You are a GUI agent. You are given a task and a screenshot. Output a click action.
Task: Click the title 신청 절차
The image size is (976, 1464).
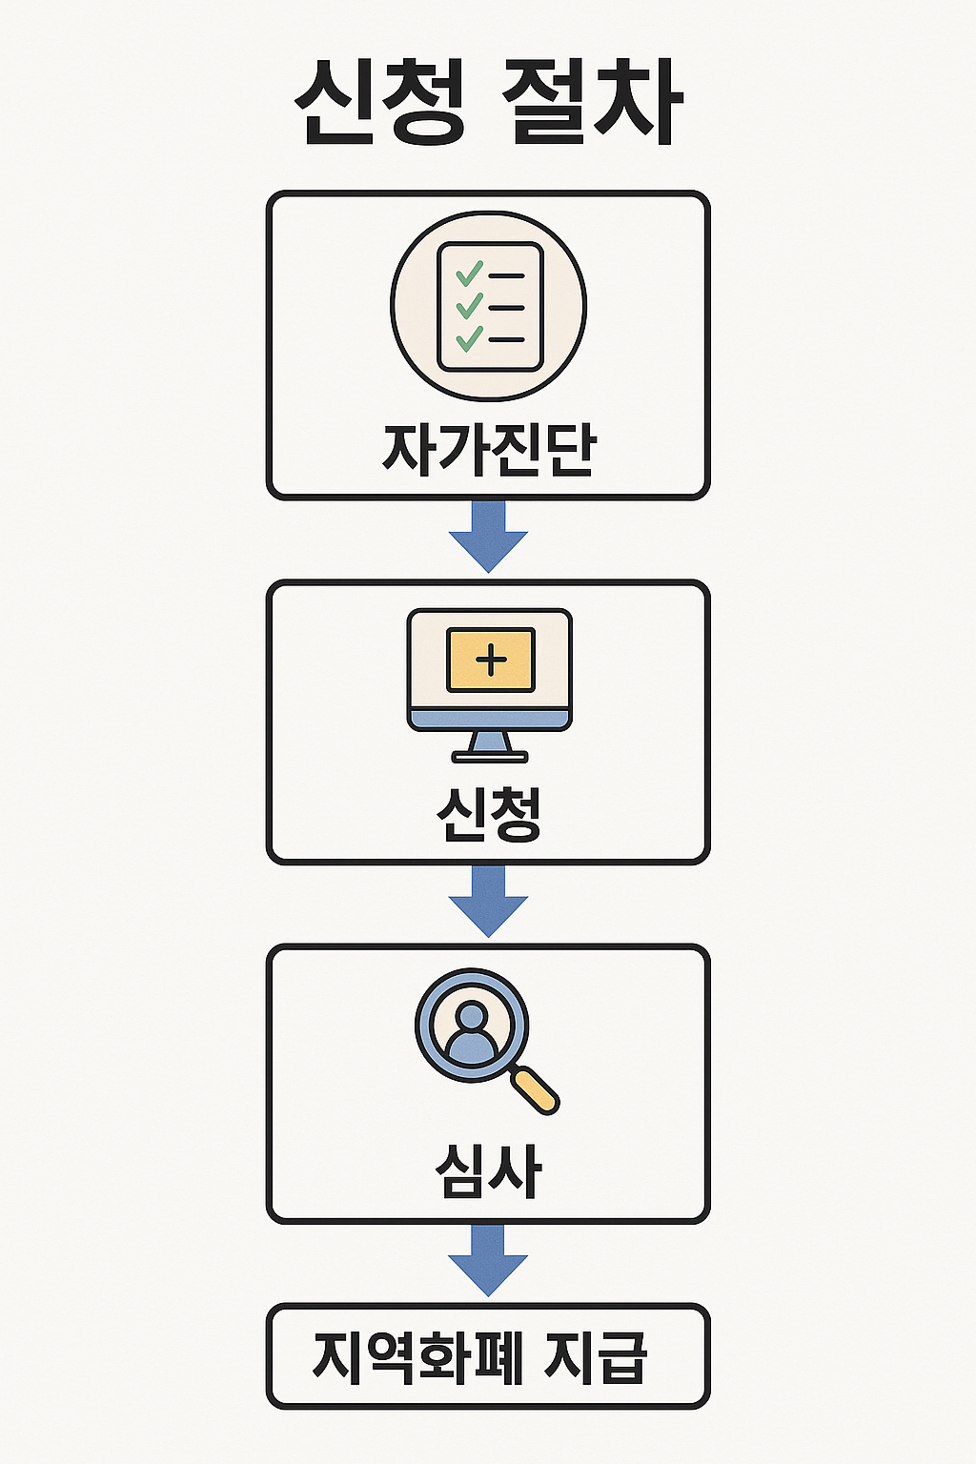(x=488, y=103)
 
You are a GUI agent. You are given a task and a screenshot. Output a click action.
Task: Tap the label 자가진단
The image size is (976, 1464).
(x=489, y=448)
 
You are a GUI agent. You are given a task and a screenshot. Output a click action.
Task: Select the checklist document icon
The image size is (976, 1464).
(x=489, y=307)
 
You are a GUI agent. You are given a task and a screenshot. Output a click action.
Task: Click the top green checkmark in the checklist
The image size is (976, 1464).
(x=469, y=274)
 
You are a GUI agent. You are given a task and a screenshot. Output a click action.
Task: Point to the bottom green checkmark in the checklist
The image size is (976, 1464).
(x=469, y=338)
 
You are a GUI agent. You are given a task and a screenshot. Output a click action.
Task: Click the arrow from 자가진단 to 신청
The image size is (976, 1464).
(x=488, y=536)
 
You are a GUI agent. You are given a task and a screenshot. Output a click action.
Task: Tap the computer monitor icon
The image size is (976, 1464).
(x=489, y=672)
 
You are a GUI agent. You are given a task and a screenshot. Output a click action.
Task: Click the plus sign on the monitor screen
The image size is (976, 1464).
(x=491, y=660)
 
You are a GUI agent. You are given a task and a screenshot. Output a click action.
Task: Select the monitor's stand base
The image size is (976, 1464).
(x=489, y=757)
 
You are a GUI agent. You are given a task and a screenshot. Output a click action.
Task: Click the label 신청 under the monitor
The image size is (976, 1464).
(x=489, y=815)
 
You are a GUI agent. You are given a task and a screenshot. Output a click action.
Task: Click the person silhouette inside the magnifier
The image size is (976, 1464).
(x=472, y=1034)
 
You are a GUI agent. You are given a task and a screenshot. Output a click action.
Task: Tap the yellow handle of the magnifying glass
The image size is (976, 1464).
(x=535, y=1089)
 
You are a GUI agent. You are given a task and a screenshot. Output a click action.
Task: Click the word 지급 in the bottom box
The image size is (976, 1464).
(x=597, y=1357)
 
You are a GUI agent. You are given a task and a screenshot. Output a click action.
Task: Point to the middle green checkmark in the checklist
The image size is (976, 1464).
(x=469, y=306)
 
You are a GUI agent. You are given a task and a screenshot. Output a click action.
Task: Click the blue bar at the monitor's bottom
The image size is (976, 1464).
(x=489, y=720)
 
